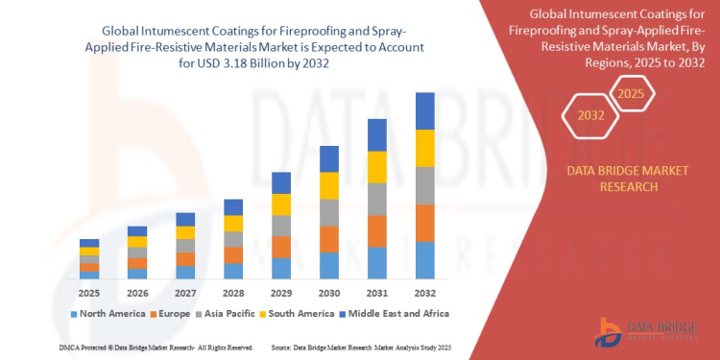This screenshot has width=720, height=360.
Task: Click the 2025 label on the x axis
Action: pyautogui.click(x=88, y=292)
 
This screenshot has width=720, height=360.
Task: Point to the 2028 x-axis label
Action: pyautogui.click(x=233, y=292)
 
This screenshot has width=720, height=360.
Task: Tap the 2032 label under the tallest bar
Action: pyautogui.click(x=424, y=292)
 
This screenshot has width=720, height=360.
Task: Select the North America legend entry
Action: pyautogui.click(x=107, y=313)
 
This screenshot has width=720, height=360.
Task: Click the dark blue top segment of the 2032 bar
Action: pyautogui.click(x=424, y=110)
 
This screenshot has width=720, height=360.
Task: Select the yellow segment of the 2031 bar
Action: pyautogui.click(x=376, y=166)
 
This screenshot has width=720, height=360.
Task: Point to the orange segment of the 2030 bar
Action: pyautogui.click(x=328, y=239)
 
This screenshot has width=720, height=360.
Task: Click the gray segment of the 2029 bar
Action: pyautogui.click(x=281, y=226)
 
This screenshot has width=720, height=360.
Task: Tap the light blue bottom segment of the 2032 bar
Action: pyautogui.click(x=424, y=260)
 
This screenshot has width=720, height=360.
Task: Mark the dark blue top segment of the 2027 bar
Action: pyautogui.click(x=185, y=219)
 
